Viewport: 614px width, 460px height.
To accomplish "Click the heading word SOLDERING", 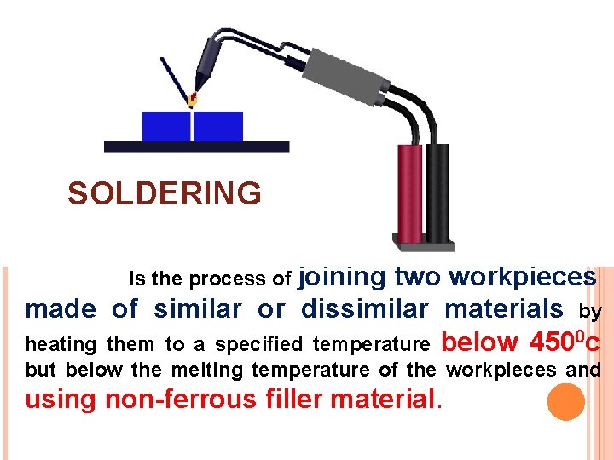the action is (165, 194).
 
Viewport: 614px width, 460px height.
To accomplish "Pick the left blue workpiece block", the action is (166, 126).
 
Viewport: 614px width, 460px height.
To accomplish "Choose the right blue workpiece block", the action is (218, 126).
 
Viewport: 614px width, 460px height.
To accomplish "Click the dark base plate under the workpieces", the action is (196, 147).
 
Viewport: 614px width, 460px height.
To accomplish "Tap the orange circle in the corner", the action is (565, 402).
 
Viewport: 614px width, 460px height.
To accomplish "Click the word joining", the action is (344, 277).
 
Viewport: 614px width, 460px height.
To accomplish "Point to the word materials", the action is (504, 308).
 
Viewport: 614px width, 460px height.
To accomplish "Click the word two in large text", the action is (418, 277).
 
